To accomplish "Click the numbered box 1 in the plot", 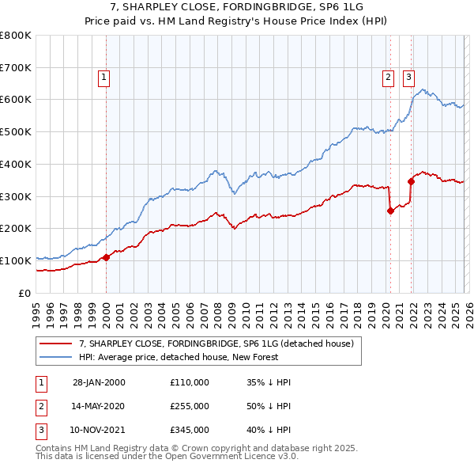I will click(x=104, y=78).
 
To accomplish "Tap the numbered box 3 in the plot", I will click(x=408, y=78).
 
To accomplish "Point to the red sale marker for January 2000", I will click(x=107, y=256).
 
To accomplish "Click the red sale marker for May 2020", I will click(x=390, y=211).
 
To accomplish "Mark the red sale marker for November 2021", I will click(x=411, y=181).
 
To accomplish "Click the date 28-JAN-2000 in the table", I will click(x=99, y=382).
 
